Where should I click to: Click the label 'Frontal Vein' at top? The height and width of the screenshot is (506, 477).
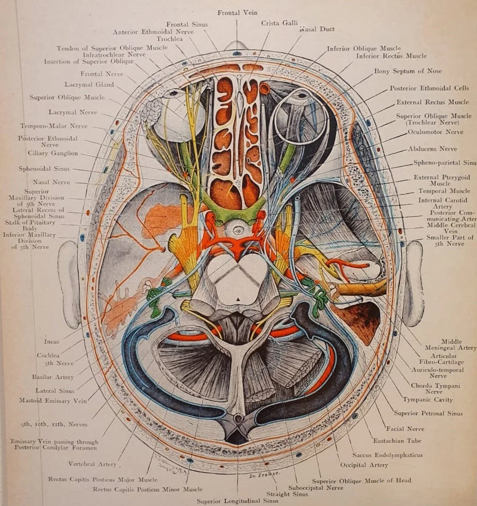(x=237, y=13)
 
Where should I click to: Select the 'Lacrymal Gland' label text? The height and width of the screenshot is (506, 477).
(x=89, y=84)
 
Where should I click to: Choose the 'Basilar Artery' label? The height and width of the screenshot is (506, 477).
(x=52, y=377)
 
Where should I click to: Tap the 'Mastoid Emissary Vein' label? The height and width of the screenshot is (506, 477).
(x=53, y=401)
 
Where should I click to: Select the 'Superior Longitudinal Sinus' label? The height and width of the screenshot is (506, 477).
(x=238, y=501)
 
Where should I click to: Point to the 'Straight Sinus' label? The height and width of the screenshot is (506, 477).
(x=287, y=494)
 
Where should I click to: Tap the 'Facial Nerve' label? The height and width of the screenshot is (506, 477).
(x=405, y=429)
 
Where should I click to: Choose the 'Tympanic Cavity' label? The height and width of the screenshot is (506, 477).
(x=421, y=400)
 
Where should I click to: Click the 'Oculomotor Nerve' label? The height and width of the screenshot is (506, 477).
(x=435, y=132)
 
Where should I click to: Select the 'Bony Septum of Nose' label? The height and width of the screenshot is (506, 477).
(x=408, y=71)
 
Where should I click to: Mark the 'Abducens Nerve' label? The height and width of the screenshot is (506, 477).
(x=435, y=149)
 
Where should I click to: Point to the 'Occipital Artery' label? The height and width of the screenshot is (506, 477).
(x=364, y=465)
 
